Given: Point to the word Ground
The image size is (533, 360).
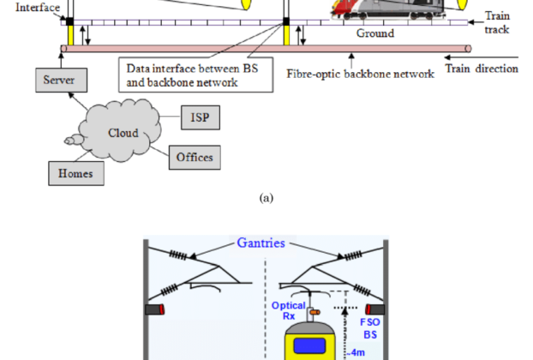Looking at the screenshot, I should pos(375,33).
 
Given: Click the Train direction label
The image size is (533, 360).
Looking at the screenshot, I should pos(484,68).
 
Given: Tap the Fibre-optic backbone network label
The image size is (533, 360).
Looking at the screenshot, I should pos(360,74).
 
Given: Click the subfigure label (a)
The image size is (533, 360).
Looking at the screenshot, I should pos(266,197).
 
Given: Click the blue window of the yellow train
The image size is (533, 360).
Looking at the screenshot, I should pos(310,346).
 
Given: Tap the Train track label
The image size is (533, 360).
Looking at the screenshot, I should pos(497,23).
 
